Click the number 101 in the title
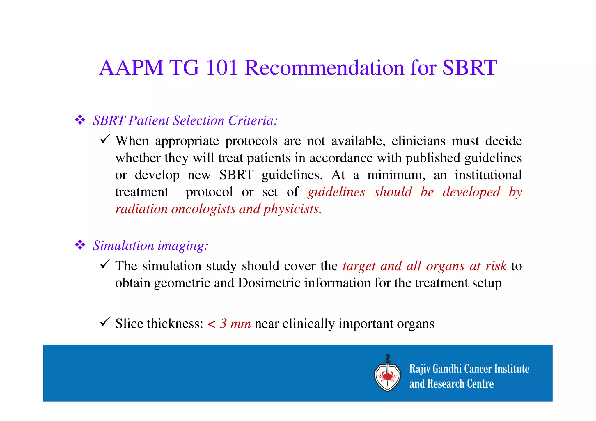pos(221,68)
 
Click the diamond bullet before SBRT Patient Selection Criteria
pos(80,120)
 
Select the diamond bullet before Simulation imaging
pos(80,245)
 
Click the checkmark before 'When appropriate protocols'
pos(104,139)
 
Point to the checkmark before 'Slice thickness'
pos(104,322)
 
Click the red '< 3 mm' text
pos(229,324)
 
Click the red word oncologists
pos(203,209)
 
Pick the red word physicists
pos(292,209)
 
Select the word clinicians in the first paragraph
pos(418,141)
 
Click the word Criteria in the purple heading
pos(253,120)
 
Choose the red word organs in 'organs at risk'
pos(445,266)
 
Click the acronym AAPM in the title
pos(131,68)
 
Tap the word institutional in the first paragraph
pos(488,175)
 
